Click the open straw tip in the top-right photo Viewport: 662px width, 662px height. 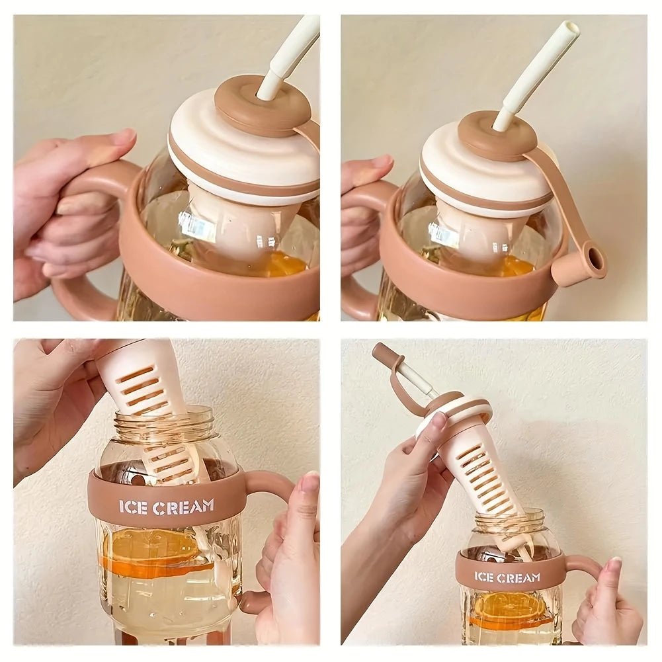pyautogui.click(x=571, y=28)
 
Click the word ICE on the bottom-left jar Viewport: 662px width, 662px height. pyautogui.click(x=134, y=507)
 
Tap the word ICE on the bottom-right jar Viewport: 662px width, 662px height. pyautogui.click(x=484, y=577)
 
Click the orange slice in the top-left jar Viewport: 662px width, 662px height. pyautogui.click(x=287, y=263)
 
